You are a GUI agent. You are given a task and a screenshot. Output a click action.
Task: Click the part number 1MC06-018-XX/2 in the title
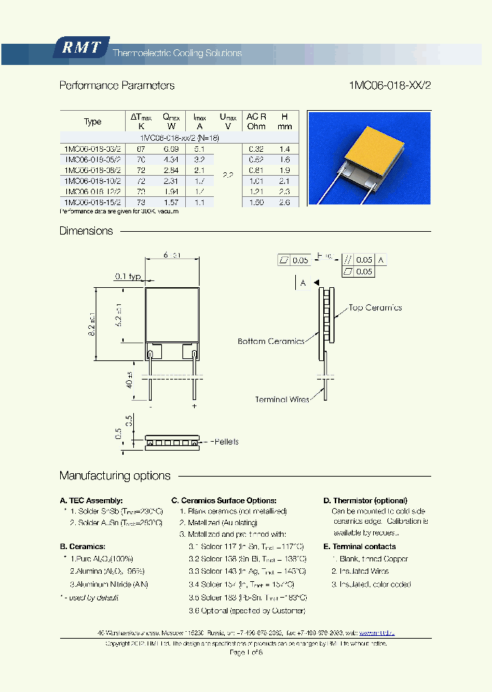pos(389,85)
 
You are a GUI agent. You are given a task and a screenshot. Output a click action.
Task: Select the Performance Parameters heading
pos(117,85)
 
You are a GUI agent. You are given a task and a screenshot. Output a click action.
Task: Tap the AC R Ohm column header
pos(256,121)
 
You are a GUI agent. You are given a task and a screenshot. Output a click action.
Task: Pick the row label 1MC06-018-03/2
pos(92,148)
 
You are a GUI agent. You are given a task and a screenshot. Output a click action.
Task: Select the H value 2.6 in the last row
pos(285,202)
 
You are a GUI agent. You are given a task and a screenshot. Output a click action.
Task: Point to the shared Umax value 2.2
pos(228,176)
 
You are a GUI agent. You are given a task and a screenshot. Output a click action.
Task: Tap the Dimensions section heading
pos(86,231)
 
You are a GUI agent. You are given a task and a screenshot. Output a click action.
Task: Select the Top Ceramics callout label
pos(375,308)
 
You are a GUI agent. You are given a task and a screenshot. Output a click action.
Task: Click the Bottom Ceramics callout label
pos(271,341)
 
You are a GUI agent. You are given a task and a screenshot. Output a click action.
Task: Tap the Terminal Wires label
pos(281,399)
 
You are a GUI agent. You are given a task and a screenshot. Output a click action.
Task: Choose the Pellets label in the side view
pos(223,442)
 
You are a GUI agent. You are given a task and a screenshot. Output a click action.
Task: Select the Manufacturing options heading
pos(115,476)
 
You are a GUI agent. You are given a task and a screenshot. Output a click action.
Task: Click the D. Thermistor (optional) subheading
pos(365,501)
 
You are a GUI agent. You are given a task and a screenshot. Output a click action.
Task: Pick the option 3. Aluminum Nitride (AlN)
pos(109,585)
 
